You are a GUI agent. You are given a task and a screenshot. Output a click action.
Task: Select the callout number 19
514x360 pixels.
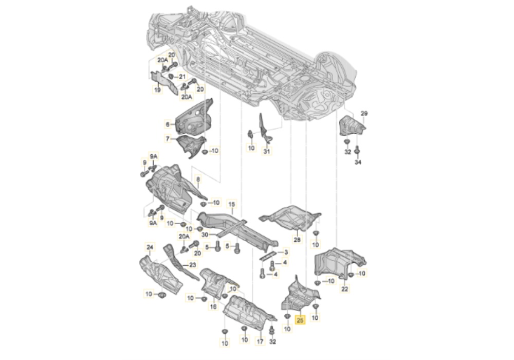click(157, 90)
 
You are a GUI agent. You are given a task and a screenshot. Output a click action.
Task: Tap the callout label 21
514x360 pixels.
click(182, 77)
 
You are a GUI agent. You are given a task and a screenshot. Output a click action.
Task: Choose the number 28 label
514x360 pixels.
click(297, 240)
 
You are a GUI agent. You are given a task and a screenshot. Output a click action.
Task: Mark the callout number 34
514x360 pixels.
click(358, 163)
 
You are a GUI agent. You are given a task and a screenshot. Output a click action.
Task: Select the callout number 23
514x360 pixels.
click(192, 265)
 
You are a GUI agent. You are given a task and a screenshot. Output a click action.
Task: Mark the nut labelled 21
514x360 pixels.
click(171, 77)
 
